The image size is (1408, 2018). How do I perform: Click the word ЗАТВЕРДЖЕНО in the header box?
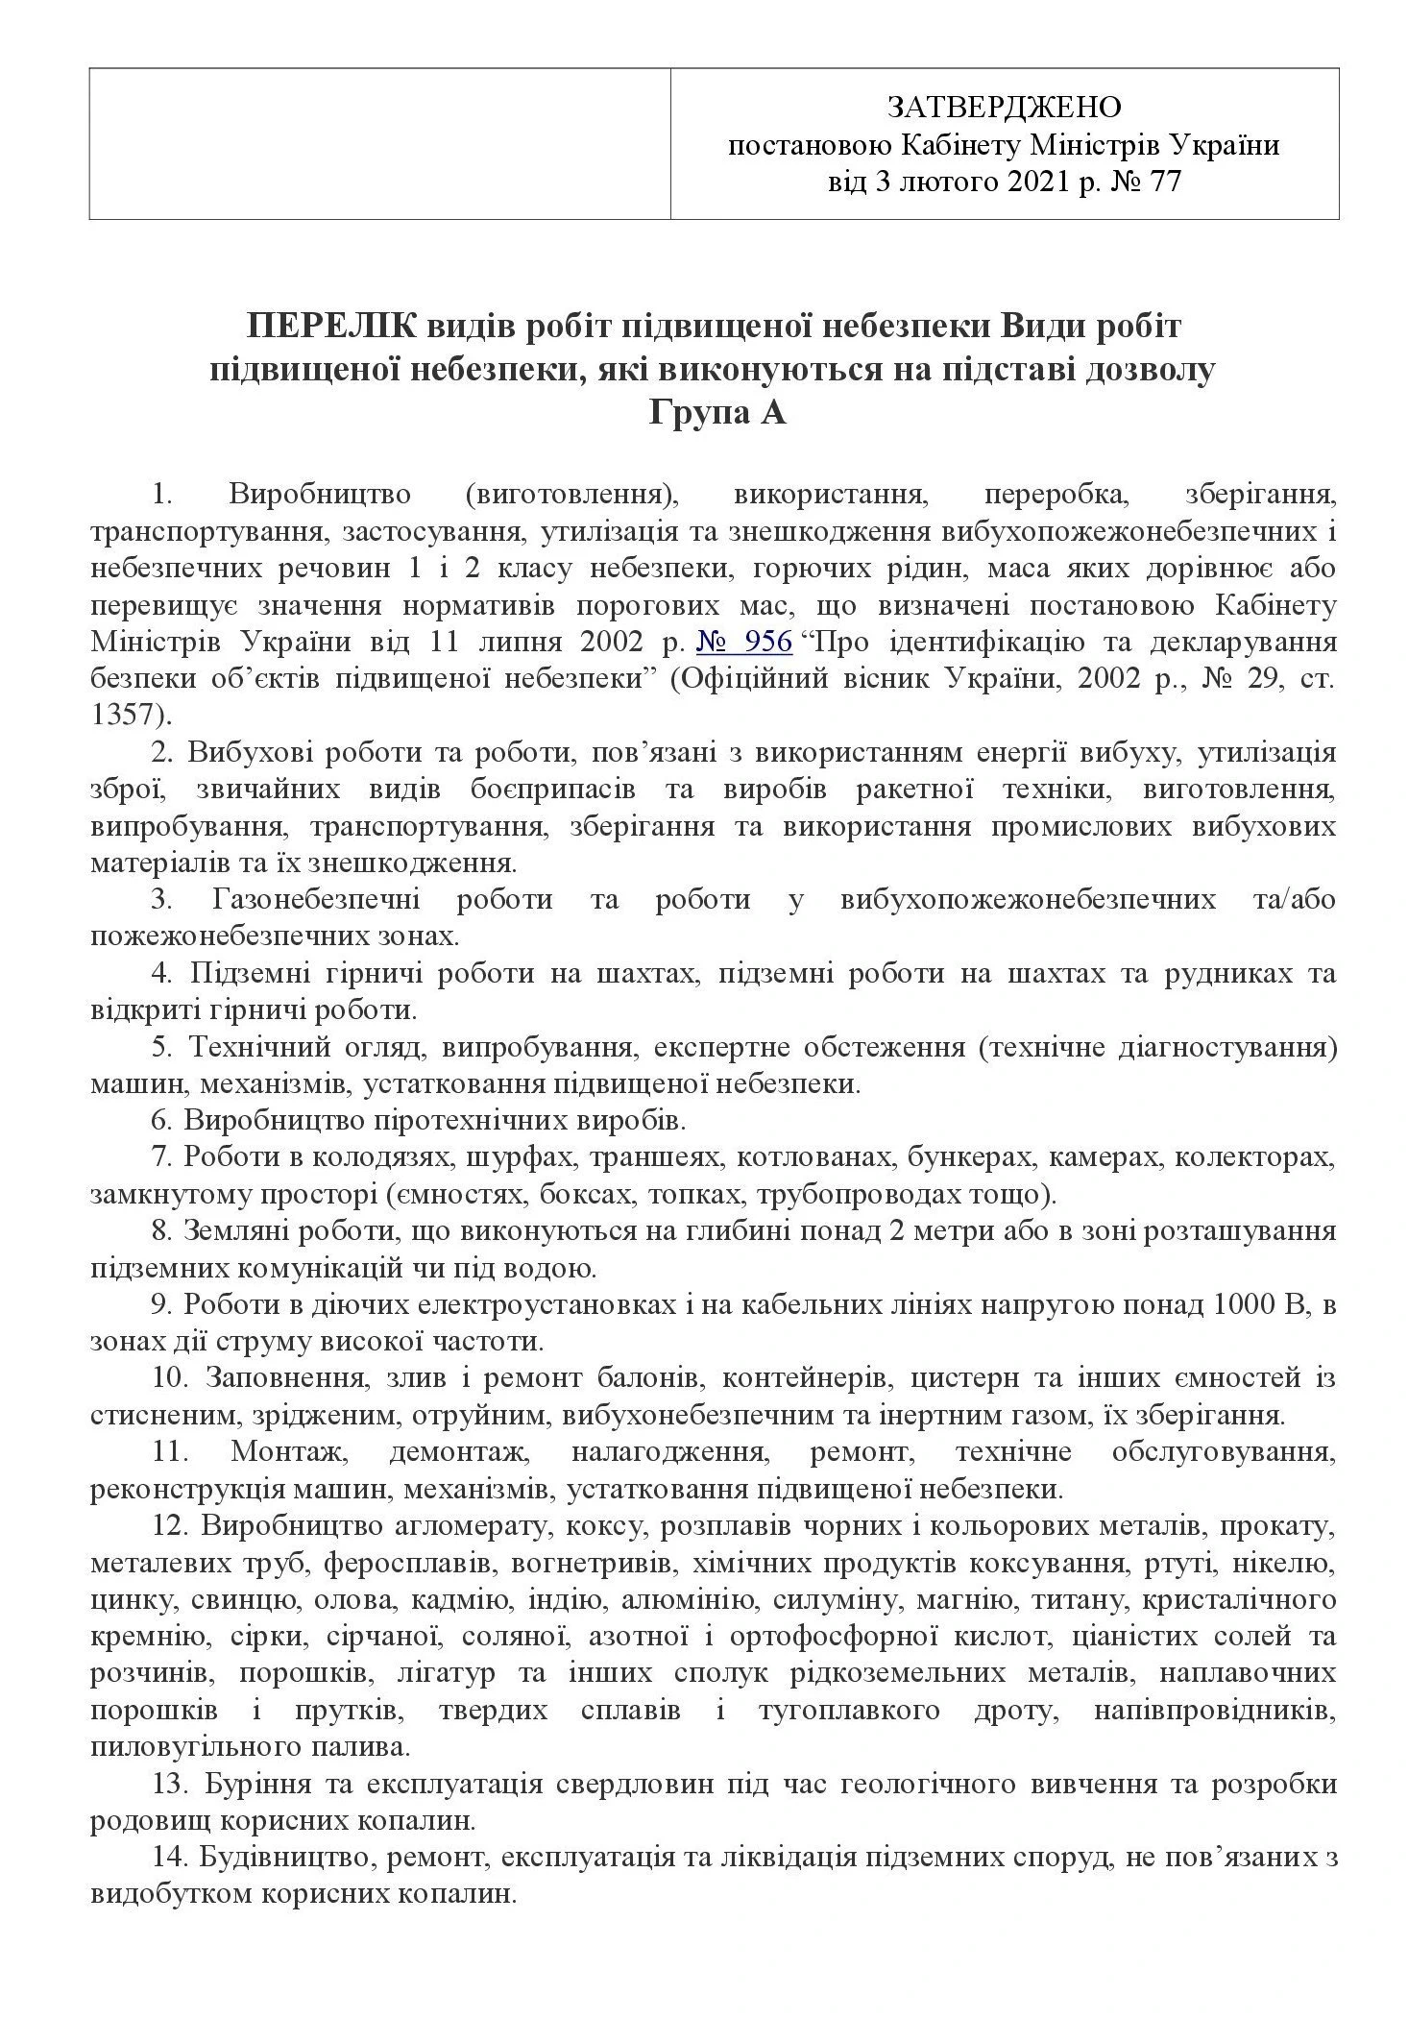(1004, 105)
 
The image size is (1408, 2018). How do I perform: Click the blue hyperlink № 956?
(756, 641)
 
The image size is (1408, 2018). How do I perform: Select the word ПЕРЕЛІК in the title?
(331, 327)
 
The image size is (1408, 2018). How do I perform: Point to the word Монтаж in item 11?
(286, 1452)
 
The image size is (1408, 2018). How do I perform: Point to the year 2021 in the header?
(1038, 182)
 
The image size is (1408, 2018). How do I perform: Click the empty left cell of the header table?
(379, 143)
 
